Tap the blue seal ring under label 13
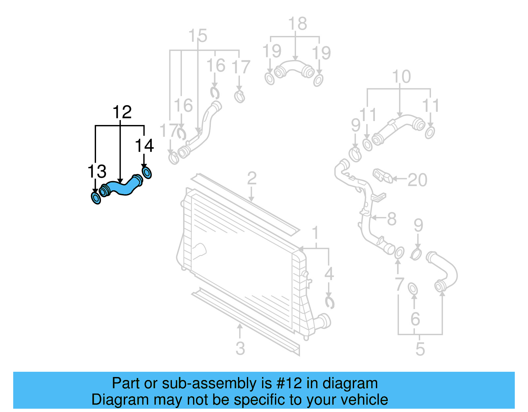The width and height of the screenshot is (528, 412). [96, 198]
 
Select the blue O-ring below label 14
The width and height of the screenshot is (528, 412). [147, 173]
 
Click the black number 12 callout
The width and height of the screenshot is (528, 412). [122, 112]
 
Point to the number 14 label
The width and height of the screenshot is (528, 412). [144, 146]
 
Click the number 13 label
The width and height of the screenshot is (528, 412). [97, 172]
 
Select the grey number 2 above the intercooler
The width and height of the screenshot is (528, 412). [252, 178]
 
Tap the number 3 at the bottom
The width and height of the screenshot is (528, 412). [240, 348]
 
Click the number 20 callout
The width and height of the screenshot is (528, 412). [417, 180]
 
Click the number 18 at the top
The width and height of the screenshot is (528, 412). [297, 24]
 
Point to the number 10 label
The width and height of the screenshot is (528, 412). [401, 77]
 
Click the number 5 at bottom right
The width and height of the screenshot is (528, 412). [420, 349]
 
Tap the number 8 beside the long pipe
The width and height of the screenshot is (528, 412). [391, 219]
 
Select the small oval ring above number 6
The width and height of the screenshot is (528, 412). [413, 289]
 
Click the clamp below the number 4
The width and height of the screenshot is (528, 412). [329, 302]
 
